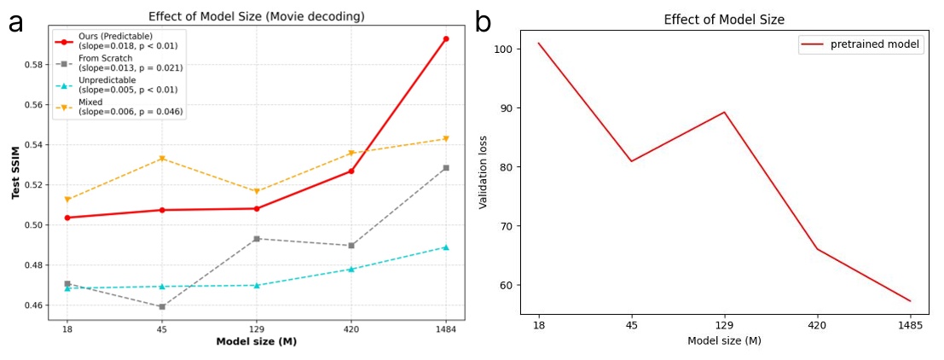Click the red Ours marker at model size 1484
tap(445, 38)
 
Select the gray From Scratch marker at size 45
tap(161, 306)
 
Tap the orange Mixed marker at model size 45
tap(161, 159)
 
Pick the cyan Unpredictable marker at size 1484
tap(445, 247)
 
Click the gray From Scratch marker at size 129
tap(256, 239)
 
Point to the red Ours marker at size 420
tap(350, 171)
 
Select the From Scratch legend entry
tap(116, 62)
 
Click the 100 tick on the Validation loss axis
tap(507, 49)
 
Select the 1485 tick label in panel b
tap(910, 324)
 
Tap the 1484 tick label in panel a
tap(445, 328)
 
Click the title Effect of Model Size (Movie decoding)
tap(256, 16)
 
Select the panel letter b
tap(483, 22)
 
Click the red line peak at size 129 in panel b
tap(724, 112)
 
